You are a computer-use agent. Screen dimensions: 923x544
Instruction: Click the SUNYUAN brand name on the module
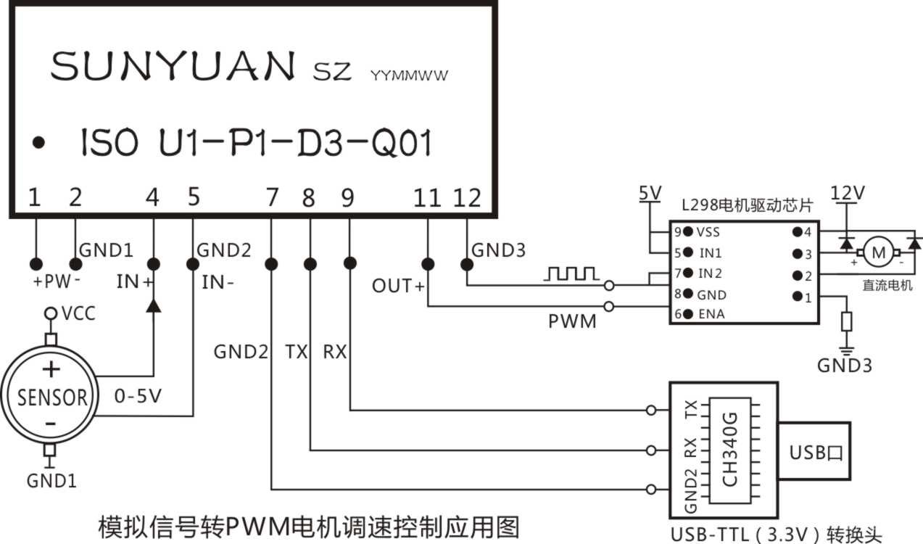173,65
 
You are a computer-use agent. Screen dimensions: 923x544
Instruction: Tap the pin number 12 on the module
467,198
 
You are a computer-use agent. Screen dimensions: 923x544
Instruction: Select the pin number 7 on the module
272,197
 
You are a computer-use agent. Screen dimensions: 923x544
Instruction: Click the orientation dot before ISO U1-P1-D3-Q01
38,143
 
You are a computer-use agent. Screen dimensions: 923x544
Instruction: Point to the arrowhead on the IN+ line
154,306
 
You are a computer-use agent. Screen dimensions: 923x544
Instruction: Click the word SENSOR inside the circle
52,397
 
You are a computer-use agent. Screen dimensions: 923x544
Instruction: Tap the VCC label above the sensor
79,313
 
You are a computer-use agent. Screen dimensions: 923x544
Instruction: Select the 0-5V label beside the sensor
138,396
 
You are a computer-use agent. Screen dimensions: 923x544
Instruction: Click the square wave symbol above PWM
571,273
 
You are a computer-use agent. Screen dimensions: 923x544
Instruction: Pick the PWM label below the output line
572,321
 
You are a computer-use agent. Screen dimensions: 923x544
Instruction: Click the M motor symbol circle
878,252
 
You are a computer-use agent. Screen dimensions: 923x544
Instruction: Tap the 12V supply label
847,193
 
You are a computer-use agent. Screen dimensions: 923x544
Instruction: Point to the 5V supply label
650,193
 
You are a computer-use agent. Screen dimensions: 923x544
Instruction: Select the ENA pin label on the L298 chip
711,315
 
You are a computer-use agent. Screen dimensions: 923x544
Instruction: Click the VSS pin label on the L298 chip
708,232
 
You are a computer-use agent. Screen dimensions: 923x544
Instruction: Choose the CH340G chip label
729,450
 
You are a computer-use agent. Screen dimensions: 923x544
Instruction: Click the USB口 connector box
814,451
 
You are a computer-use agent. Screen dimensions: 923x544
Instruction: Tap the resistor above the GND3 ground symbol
846,321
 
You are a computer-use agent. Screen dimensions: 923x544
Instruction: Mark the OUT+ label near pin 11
398,286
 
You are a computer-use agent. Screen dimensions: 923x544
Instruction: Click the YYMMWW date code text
409,75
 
